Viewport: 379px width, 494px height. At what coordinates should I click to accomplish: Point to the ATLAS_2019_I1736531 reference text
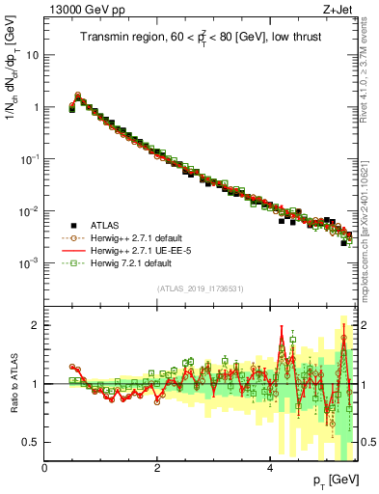(x=201, y=288)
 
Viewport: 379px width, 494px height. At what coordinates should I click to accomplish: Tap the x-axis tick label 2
(x=157, y=468)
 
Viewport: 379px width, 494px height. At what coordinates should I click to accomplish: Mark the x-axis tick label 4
(x=269, y=468)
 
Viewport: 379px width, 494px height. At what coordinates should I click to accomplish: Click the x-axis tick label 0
(x=45, y=468)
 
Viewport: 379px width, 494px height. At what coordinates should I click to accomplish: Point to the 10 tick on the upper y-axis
(x=32, y=55)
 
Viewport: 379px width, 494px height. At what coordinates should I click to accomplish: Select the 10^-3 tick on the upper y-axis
(x=29, y=263)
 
